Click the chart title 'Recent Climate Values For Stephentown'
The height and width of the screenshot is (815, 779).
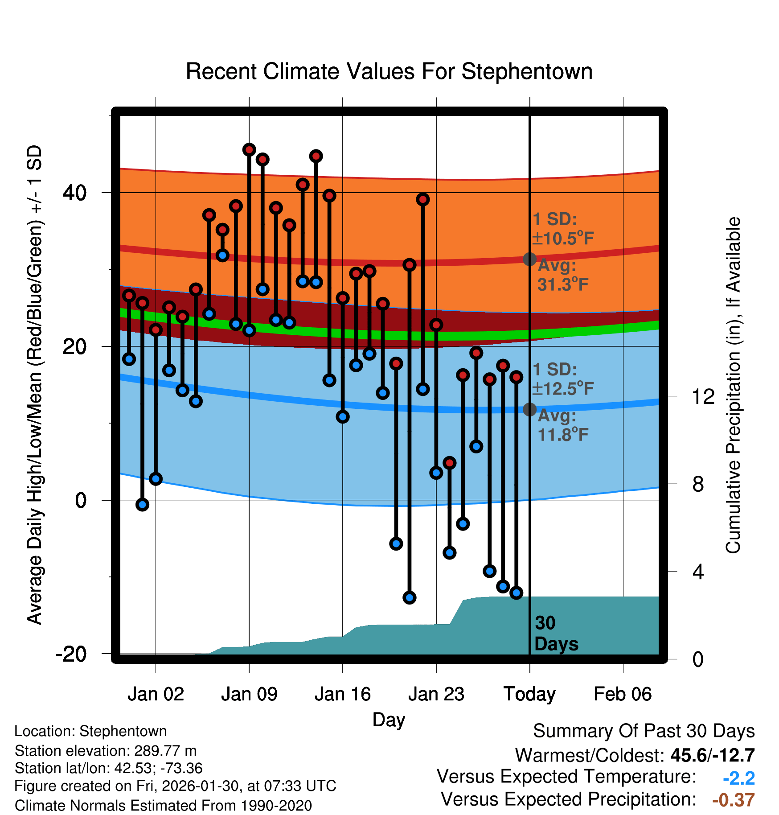pos(389,71)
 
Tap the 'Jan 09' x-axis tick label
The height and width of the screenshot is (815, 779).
pos(249,694)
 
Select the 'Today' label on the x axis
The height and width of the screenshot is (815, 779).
pos(529,694)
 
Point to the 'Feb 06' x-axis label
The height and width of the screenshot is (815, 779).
pos(623,694)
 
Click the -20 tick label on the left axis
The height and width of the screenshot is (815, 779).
pos(71,654)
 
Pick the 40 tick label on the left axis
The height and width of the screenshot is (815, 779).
pos(74,193)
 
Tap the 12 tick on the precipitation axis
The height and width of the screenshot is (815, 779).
pos(703,396)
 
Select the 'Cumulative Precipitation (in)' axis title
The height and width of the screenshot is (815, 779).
pos(733,386)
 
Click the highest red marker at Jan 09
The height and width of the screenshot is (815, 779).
pos(249,150)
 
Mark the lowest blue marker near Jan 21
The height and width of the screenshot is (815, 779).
pos(410,597)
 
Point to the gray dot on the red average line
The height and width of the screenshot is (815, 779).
pos(529,259)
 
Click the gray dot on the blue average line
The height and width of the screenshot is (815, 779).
pos(529,409)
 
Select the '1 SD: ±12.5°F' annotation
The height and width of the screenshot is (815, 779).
pos(563,379)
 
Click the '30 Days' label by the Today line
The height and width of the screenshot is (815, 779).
pos(556,634)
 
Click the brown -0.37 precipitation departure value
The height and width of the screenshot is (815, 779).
pos(733,800)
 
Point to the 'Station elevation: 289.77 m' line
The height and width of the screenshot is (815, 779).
pos(106,751)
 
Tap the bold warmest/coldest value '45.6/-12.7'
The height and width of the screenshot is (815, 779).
pos(712,755)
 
